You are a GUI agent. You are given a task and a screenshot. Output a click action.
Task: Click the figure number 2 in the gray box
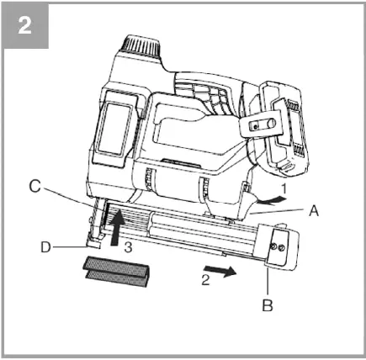(x=25, y=25)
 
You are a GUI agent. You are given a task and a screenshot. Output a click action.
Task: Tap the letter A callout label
(x=314, y=213)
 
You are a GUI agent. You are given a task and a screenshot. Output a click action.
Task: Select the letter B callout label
(x=268, y=305)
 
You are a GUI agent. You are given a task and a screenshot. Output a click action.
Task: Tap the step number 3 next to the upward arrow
(x=128, y=246)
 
